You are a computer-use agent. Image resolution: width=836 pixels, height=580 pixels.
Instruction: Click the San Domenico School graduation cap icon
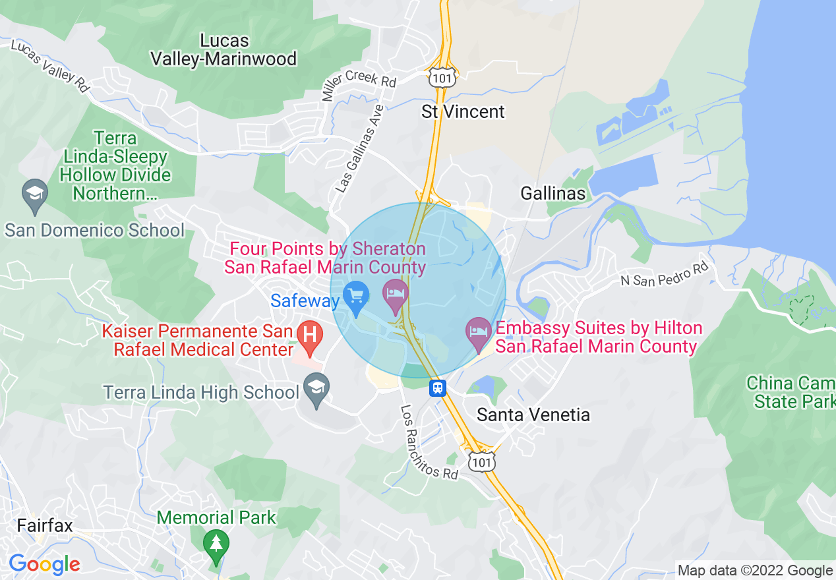pyautogui.click(x=34, y=195)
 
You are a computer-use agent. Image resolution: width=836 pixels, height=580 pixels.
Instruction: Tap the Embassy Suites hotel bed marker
pyautogui.click(x=478, y=333)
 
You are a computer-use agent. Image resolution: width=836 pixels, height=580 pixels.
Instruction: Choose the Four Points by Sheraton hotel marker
pyautogui.click(x=395, y=294)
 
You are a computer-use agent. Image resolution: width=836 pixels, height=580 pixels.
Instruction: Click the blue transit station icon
pyautogui.click(x=437, y=388)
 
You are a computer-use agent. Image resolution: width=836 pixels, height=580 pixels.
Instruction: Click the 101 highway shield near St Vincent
pyautogui.click(x=440, y=78)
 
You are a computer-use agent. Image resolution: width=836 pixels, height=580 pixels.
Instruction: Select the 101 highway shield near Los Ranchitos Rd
pyautogui.click(x=481, y=462)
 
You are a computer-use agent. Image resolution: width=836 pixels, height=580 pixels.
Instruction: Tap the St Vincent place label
pyautogui.click(x=463, y=112)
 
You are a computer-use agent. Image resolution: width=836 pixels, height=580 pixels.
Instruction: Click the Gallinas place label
pyautogui.click(x=552, y=193)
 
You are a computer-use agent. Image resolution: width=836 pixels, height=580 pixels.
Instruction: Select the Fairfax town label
pyautogui.click(x=44, y=526)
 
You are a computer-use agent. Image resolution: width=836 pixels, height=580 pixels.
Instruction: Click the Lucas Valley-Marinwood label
pyautogui.click(x=224, y=49)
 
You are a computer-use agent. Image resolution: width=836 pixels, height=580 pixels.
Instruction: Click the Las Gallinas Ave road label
pyautogui.click(x=359, y=150)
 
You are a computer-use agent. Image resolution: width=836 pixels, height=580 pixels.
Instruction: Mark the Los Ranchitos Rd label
pyautogui.click(x=429, y=442)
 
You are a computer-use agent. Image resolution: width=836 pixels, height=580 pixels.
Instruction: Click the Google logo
pyautogui.click(x=44, y=564)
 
